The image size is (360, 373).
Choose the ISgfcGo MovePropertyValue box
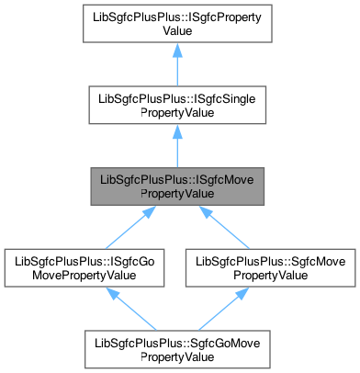(x=89, y=267)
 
